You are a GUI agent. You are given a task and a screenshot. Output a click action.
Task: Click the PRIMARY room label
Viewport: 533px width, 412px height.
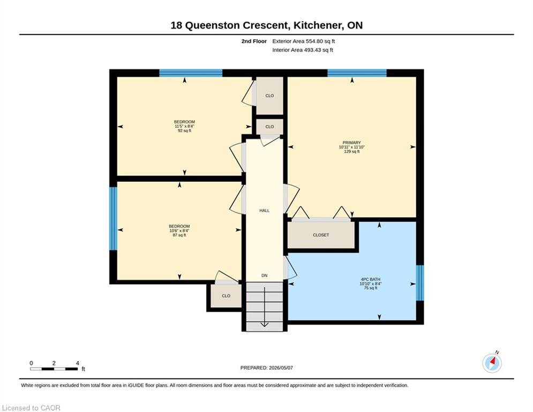coord(351,143)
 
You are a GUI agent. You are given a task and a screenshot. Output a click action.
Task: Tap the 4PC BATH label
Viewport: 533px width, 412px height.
coord(370,279)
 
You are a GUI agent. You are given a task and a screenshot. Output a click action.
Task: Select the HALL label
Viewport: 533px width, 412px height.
coord(265,210)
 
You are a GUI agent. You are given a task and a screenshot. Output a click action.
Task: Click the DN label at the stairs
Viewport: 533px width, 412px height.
coord(265,275)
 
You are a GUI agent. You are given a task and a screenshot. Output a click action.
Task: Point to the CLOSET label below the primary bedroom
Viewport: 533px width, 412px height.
coord(321,235)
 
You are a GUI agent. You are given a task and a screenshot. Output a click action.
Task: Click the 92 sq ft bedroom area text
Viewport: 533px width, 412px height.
coord(185,130)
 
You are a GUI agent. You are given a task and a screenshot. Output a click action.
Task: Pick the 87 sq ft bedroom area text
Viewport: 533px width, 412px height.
coord(179,235)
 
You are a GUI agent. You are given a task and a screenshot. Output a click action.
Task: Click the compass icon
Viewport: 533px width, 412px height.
coord(492,363)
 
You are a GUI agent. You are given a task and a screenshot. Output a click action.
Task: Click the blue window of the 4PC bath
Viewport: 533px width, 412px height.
coord(420,283)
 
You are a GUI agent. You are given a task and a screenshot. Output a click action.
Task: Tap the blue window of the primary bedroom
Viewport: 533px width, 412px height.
coord(357,73)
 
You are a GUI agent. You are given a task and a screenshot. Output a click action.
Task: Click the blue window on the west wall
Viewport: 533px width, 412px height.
coord(113,218)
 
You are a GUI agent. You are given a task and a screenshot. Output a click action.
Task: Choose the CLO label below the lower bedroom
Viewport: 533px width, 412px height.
coord(226,296)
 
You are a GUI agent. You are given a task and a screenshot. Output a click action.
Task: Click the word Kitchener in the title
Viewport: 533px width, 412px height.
coord(318,25)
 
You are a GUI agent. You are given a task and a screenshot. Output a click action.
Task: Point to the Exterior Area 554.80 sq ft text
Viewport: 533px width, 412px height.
coord(304,41)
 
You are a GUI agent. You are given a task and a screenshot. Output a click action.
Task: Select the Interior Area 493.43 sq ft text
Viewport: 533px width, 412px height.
coord(303,50)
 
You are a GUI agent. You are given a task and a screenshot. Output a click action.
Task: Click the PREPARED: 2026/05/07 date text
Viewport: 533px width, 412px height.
coord(267,367)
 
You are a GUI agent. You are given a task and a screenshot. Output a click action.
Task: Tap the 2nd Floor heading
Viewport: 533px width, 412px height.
coord(254,41)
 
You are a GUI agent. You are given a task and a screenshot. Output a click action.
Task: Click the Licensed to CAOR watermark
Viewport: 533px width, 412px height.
coord(31,408)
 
